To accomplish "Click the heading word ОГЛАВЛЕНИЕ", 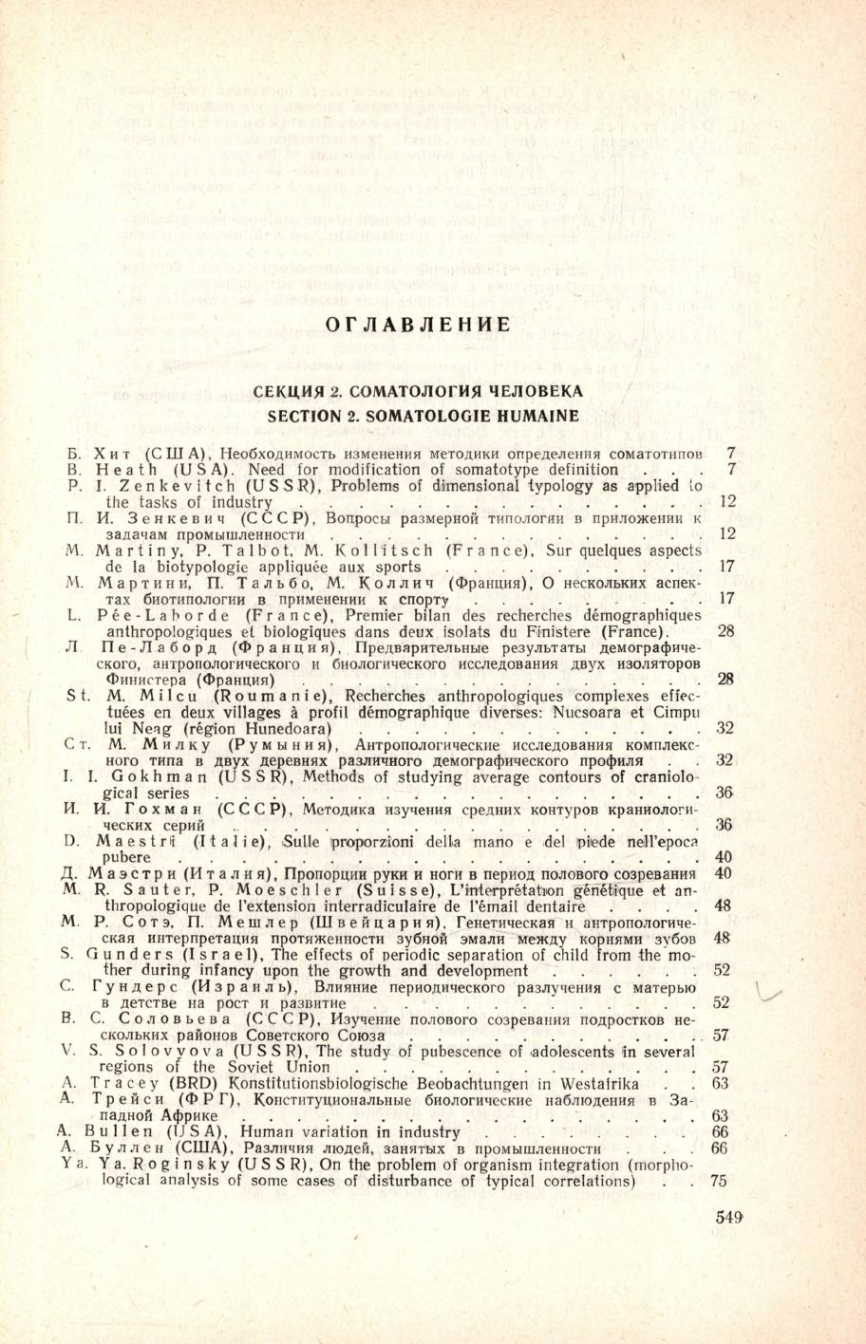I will coord(418,325).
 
